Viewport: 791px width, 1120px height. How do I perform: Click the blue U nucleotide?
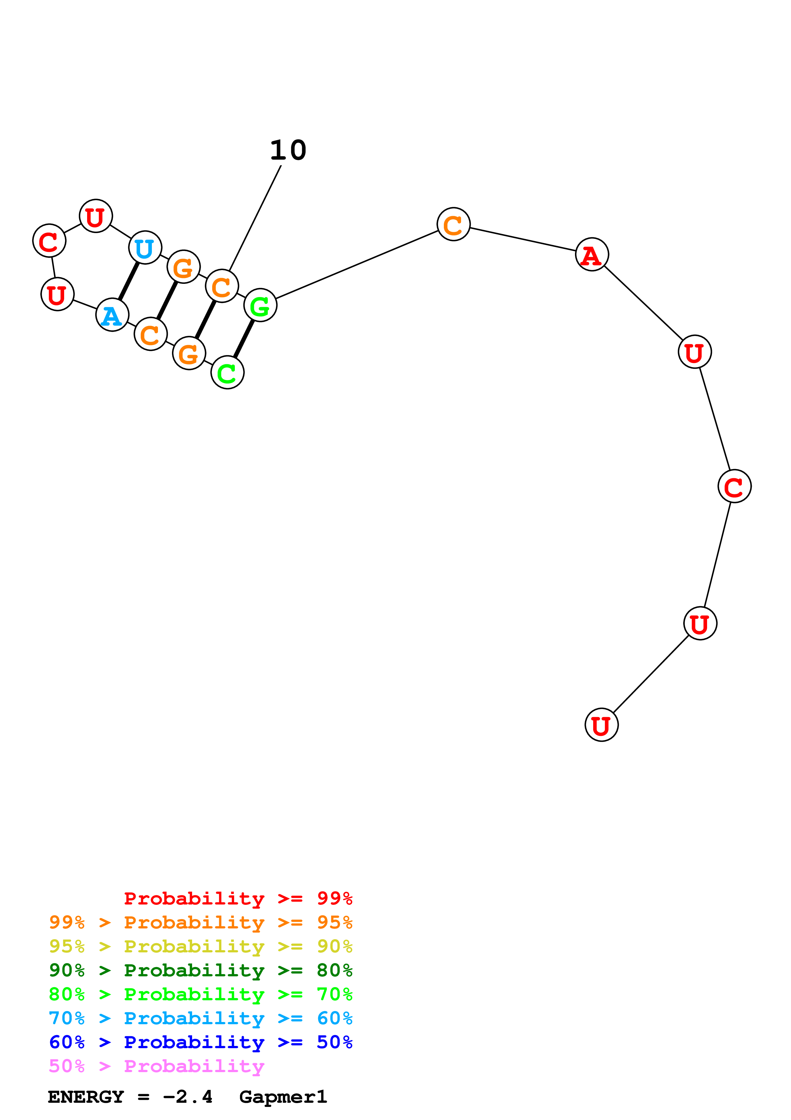145,248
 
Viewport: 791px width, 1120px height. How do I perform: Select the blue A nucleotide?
112,315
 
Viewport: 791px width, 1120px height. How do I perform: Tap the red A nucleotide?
592,255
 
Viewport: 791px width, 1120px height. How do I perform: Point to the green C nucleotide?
227,373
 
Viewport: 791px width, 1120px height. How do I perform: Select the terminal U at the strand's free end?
601,725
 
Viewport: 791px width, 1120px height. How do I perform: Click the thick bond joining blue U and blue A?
129,282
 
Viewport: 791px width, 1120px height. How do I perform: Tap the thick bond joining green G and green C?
244,339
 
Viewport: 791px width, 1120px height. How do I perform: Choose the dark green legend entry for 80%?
200,970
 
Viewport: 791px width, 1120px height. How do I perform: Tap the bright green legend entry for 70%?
200,994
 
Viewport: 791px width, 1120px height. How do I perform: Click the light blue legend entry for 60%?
200,1018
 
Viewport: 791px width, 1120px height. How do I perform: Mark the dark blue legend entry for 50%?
200,1042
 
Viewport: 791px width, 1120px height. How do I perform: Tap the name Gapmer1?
283,1097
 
